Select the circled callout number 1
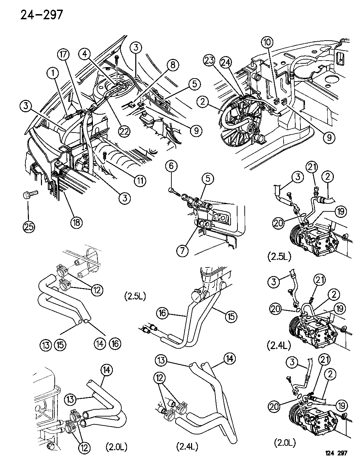[x=53, y=73]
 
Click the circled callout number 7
[x=183, y=250]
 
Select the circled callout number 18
[x=76, y=222]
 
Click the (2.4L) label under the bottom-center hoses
[x=187, y=447]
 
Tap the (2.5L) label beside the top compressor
[x=278, y=256]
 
